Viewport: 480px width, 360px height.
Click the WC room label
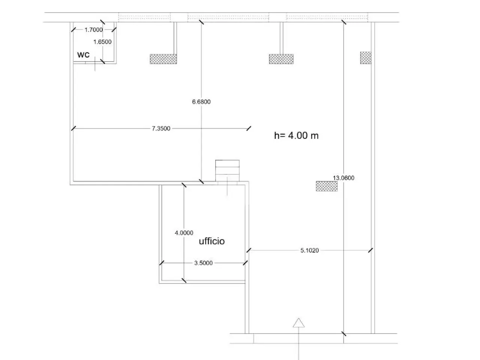tap(83, 55)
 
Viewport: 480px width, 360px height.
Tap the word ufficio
tap(211, 241)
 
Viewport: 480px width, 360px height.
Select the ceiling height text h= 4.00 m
tap(296, 135)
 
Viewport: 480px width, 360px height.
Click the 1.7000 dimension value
tap(94, 30)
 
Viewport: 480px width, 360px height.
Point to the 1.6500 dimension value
tap(102, 42)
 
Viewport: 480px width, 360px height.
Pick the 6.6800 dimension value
tap(201, 102)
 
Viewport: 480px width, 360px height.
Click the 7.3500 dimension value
tap(161, 128)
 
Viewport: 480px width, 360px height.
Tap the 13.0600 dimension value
tap(343, 178)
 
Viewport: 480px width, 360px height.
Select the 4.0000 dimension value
tap(184, 233)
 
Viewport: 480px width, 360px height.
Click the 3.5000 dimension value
tap(203, 263)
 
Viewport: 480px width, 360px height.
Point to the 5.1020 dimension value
tap(310, 250)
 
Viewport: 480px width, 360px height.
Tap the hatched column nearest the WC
tap(163, 59)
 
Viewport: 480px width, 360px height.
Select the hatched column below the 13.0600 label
tap(327, 186)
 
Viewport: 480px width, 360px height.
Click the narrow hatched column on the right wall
tap(366, 58)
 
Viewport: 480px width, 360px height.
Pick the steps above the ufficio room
tap(227, 171)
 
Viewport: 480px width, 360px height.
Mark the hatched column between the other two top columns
tap(281, 59)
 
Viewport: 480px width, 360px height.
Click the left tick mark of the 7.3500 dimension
tap(73, 128)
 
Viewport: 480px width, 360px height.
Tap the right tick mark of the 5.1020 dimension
tap(370, 250)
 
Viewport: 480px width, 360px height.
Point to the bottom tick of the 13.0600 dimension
tap(343, 334)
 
